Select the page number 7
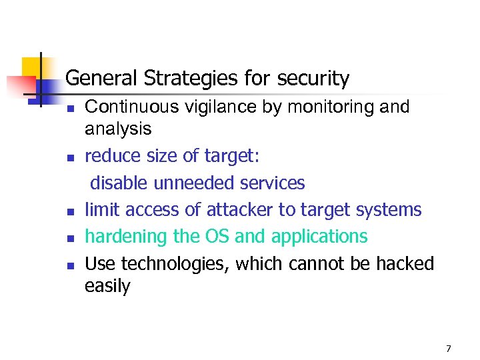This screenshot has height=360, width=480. coord(449,349)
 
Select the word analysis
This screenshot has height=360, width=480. coord(118,128)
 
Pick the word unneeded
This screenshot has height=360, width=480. coord(189,183)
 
